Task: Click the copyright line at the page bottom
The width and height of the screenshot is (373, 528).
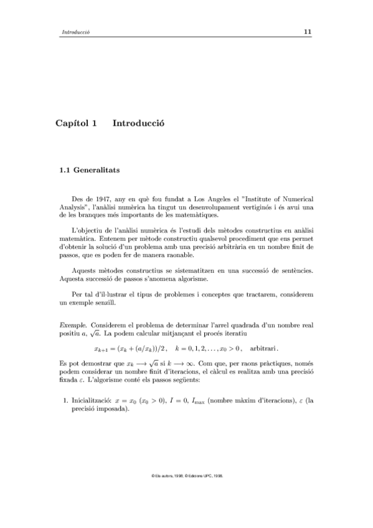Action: (x=187, y=475)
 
